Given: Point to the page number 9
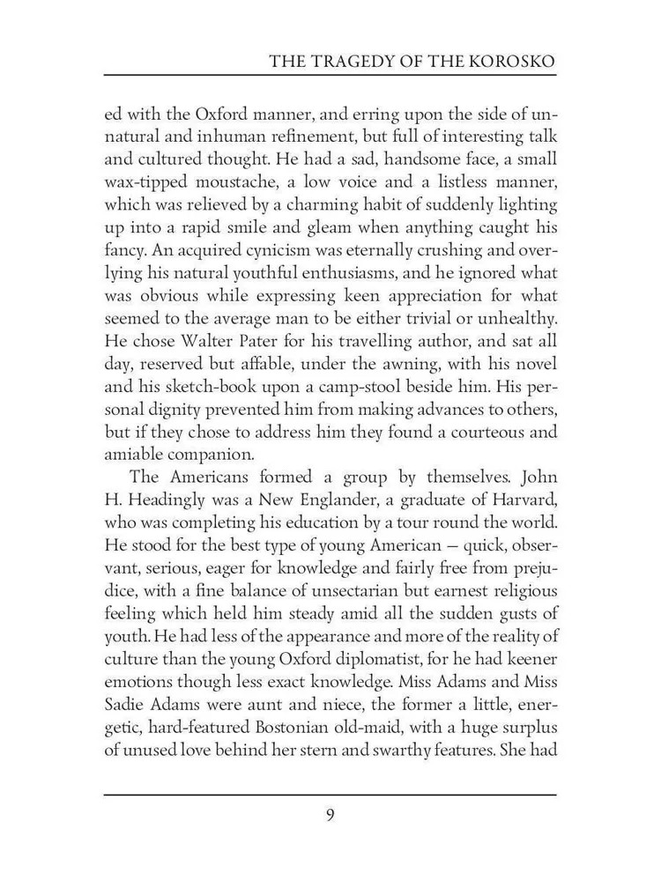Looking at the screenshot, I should (330, 814).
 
